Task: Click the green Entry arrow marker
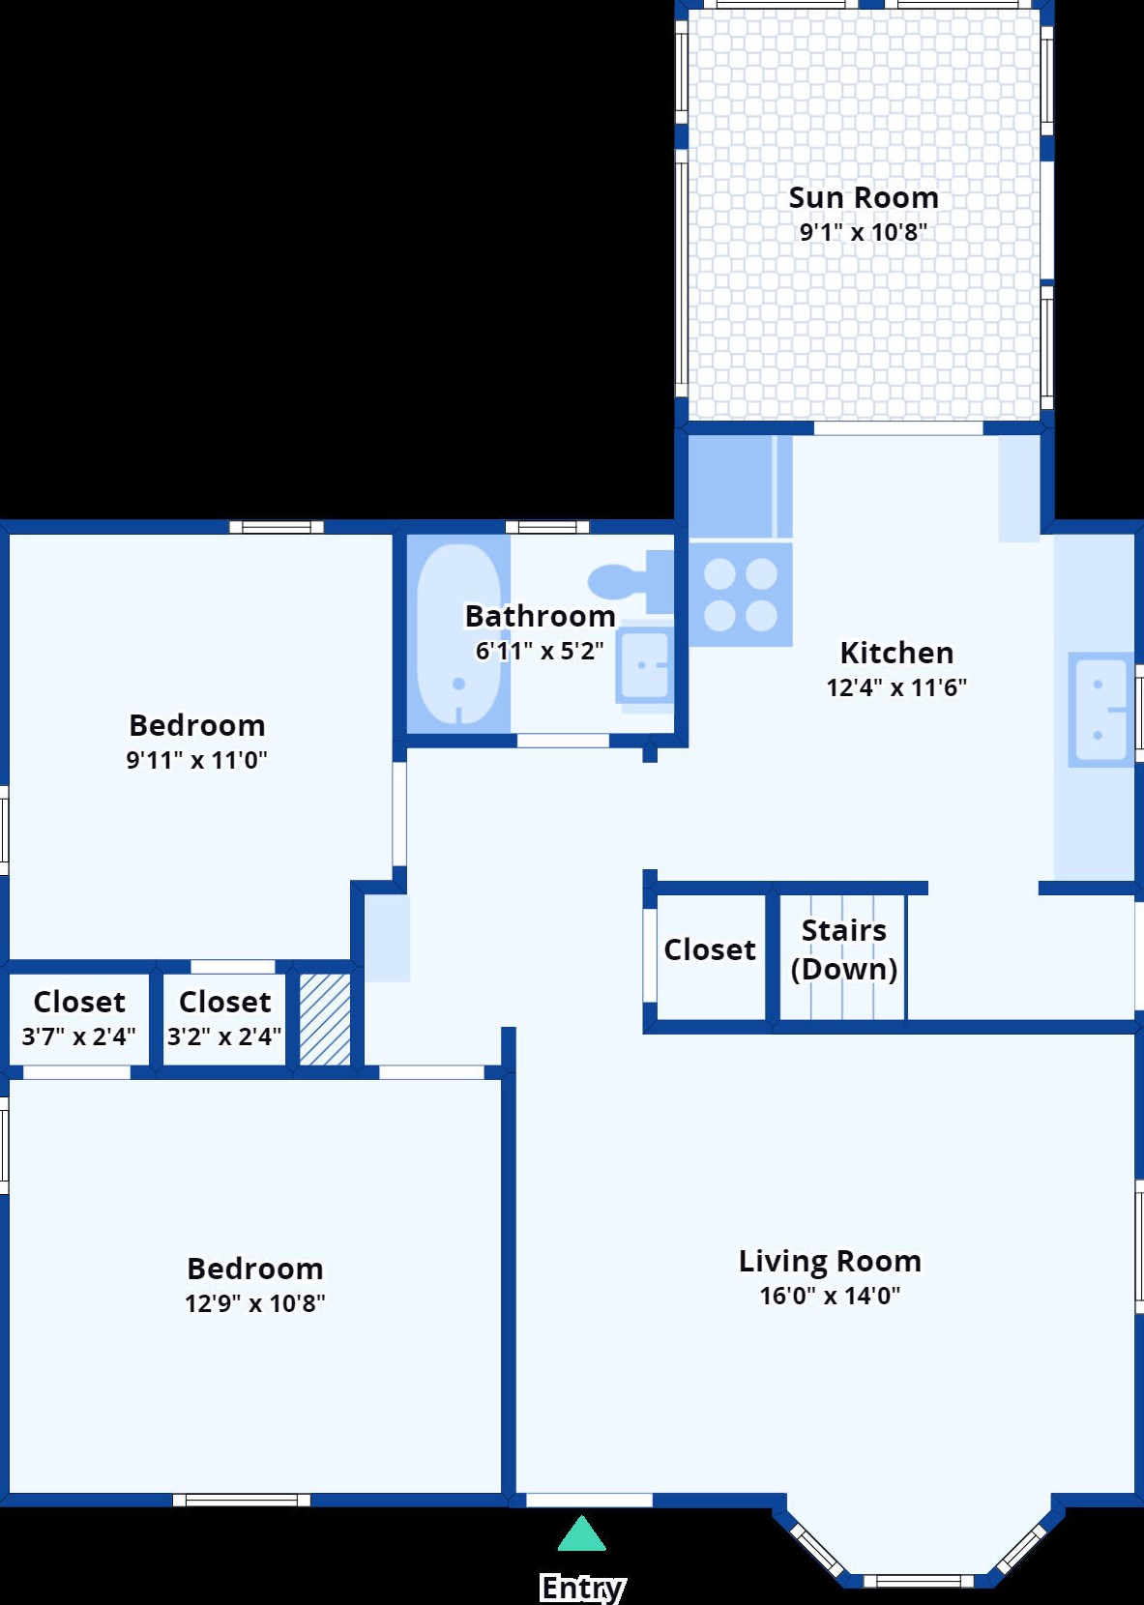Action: pyautogui.click(x=581, y=1532)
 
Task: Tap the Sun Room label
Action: pyautogui.click(x=863, y=198)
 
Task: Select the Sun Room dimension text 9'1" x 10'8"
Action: pyautogui.click(x=863, y=232)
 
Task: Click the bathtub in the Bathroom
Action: pyautogui.click(x=458, y=635)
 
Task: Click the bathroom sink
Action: pyautogui.click(x=644, y=665)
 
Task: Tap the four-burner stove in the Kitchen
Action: pyautogui.click(x=741, y=595)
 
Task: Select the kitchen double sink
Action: pyautogui.click(x=1100, y=710)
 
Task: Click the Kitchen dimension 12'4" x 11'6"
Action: pyautogui.click(x=896, y=687)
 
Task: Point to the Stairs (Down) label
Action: pyautogui.click(x=843, y=950)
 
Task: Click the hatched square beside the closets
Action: pyautogui.click(x=325, y=1019)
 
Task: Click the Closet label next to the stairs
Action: pyautogui.click(x=710, y=950)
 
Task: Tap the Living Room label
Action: pyautogui.click(x=830, y=1261)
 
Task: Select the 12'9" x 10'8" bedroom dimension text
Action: pyautogui.click(x=254, y=1303)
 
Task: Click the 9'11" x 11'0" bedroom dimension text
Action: pyautogui.click(x=196, y=760)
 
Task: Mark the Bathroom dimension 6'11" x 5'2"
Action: pyautogui.click(x=539, y=652)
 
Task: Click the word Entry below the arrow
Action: pyautogui.click(x=582, y=1587)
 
